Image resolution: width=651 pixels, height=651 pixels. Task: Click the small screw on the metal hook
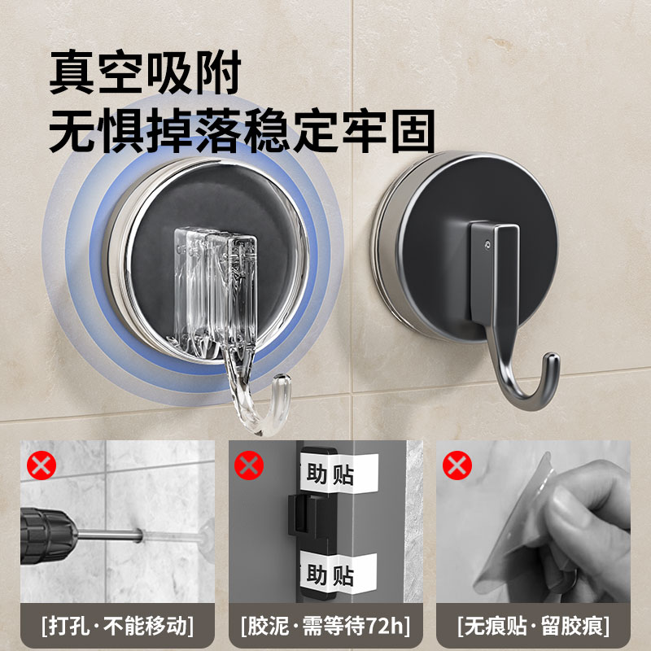tap(487, 242)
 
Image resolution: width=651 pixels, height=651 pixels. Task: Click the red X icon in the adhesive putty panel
tap(250, 466)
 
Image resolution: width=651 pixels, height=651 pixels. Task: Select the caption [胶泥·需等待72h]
tap(325, 626)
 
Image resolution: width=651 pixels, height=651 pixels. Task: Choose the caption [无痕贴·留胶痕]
tap(534, 626)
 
